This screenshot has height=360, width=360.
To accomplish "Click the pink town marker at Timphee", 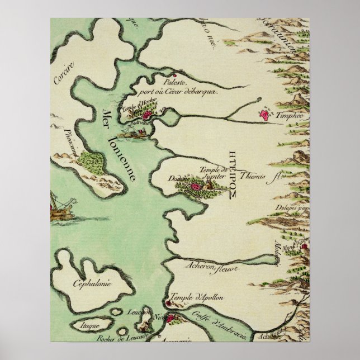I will (x=263, y=115).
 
